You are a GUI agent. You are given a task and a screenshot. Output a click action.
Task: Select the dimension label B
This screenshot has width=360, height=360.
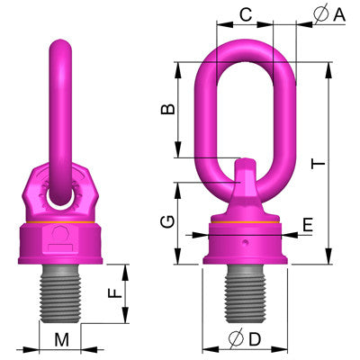pyautogui.click(x=166, y=110)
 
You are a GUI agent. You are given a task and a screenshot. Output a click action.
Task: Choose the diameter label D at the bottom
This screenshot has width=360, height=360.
pyautogui.click(x=245, y=340)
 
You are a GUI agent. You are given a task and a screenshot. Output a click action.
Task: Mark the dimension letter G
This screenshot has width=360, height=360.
pyautogui.click(x=166, y=222)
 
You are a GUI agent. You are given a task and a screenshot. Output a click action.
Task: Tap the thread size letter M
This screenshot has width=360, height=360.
pyautogui.click(x=61, y=339)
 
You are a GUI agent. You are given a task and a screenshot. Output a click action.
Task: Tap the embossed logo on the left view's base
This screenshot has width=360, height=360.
pyautogui.click(x=61, y=237)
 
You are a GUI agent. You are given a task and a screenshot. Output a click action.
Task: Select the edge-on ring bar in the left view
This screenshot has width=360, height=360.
pyautogui.click(x=61, y=108)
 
